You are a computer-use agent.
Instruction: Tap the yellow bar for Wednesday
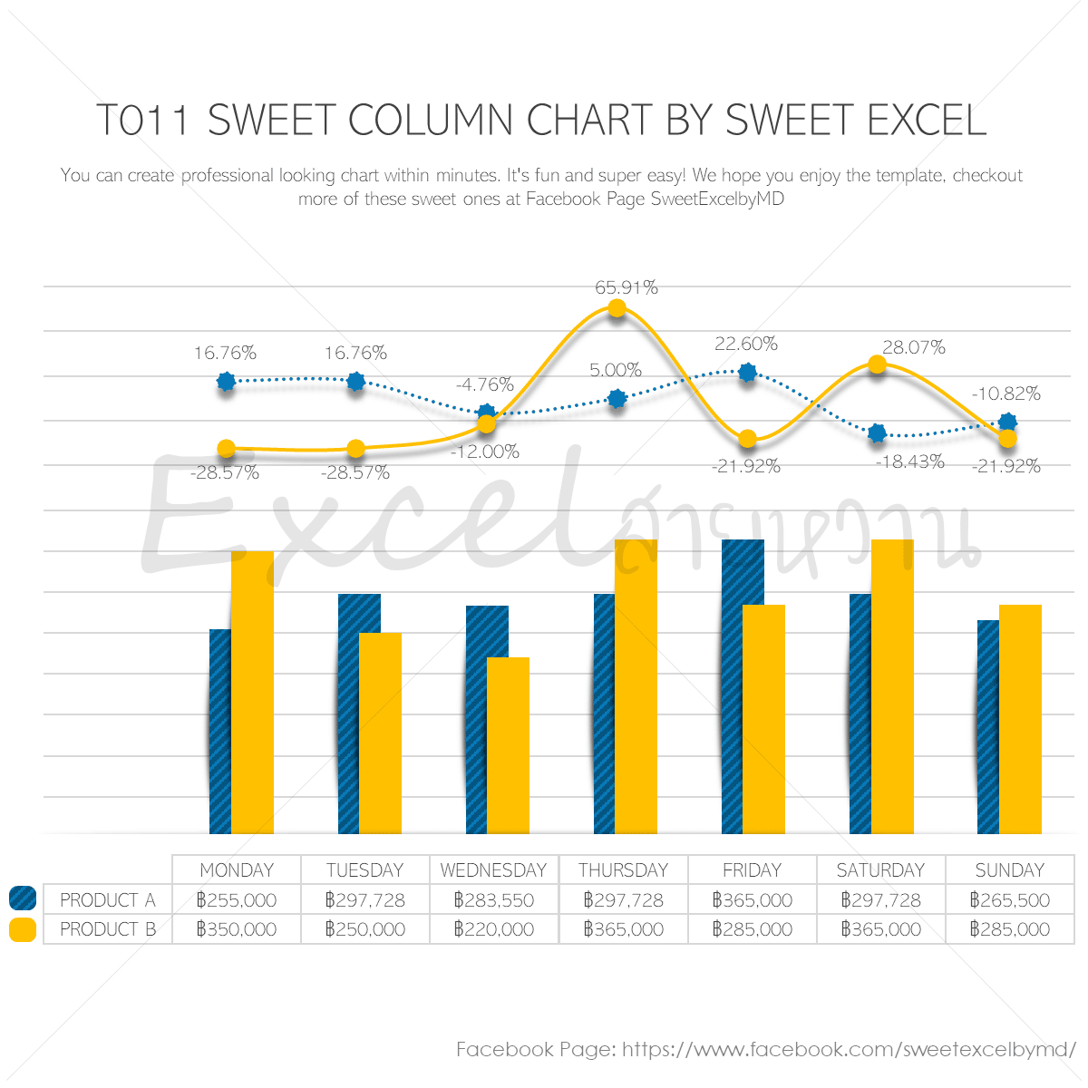pos(508,745)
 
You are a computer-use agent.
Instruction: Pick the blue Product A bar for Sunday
pos(987,726)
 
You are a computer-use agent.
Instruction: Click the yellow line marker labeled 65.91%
pos(617,308)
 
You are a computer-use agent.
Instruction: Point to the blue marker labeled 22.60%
pos(747,372)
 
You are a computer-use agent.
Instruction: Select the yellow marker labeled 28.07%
pos(877,364)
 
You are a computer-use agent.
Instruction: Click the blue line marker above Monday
pos(227,382)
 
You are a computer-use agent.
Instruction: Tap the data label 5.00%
pos(615,370)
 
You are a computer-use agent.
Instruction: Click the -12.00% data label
pos(485,452)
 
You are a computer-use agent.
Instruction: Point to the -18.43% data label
pos(909,461)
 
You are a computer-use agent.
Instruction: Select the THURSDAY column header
pos(623,870)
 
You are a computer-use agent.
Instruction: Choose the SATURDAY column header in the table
pos(880,870)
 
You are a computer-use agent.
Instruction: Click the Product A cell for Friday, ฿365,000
pos(752,900)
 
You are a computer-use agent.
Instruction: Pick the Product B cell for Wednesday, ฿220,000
pos(494,929)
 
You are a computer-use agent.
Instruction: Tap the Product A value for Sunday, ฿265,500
pos(1009,900)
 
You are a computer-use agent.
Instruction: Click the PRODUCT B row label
pos(108,929)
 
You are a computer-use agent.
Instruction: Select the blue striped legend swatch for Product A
pos(23,899)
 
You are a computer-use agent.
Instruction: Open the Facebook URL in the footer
pos(849,1050)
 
